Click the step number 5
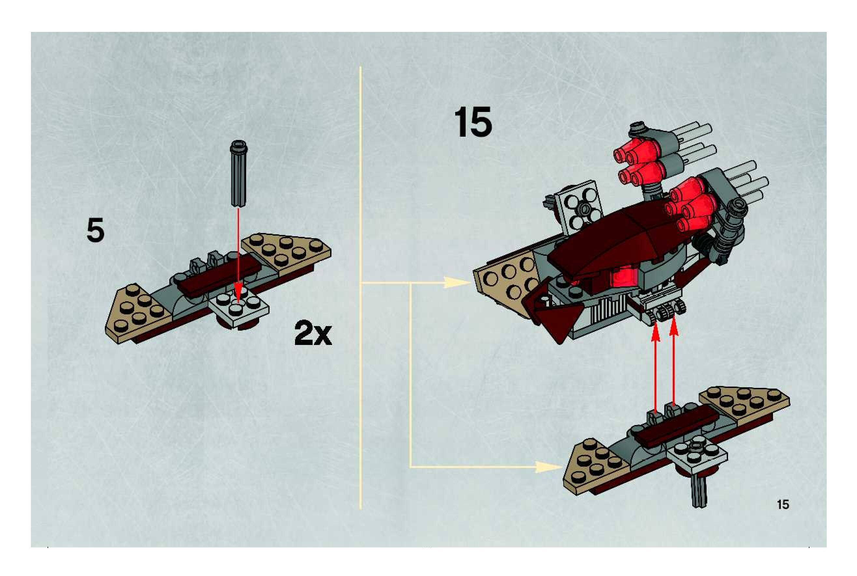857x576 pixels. pos(95,230)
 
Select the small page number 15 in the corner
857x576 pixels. pos(783,505)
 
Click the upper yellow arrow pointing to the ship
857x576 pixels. pos(456,283)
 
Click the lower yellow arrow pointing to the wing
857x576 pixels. pos(548,467)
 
